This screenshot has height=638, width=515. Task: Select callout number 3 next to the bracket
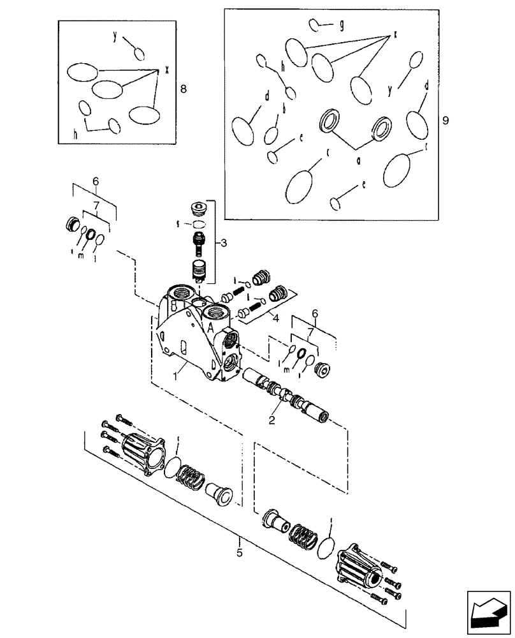[x=222, y=243]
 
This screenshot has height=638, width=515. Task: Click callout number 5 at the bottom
[x=240, y=553]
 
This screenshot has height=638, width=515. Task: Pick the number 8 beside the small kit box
[x=184, y=89]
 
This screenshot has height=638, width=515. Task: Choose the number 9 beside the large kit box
[x=446, y=119]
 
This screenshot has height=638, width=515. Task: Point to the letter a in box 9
[x=359, y=162]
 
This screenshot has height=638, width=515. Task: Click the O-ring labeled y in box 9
[x=415, y=61]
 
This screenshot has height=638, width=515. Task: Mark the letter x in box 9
[x=395, y=33]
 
